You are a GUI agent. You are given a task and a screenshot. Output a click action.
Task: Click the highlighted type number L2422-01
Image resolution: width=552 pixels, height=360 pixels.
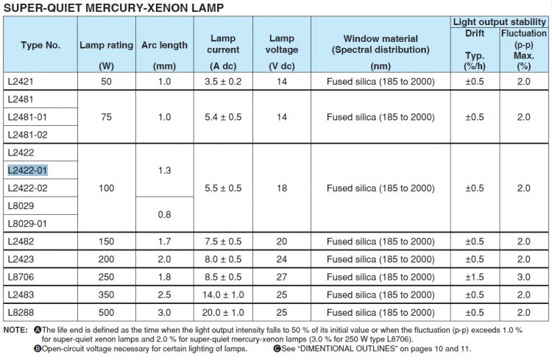click(x=27, y=171)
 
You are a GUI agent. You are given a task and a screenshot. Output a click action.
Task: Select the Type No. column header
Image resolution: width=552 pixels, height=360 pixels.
click(x=40, y=45)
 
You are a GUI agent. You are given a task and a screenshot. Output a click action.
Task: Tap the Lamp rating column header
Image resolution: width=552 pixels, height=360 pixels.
click(x=106, y=45)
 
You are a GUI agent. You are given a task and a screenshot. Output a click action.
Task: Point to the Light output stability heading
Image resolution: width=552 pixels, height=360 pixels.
click(x=499, y=22)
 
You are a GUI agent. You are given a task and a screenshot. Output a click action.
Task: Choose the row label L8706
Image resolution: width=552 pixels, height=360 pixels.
click(x=21, y=278)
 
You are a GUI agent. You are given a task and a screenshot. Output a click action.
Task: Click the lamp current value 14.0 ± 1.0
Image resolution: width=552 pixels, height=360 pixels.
click(x=223, y=294)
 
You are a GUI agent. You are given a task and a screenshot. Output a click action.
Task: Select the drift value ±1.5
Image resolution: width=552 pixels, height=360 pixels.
click(x=475, y=278)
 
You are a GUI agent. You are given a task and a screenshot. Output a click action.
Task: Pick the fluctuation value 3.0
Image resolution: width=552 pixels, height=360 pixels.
click(x=524, y=278)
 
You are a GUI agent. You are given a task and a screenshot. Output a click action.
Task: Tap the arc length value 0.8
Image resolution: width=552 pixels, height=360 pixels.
click(x=164, y=214)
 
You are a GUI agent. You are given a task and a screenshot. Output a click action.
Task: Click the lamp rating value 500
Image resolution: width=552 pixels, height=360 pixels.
click(x=106, y=313)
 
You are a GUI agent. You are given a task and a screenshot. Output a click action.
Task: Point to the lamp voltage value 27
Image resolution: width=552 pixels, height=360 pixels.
click(x=282, y=278)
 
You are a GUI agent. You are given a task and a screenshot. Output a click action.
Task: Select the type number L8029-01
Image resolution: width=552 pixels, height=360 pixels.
click(x=27, y=224)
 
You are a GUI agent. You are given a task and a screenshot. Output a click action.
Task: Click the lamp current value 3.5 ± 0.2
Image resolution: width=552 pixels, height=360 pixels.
click(x=223, y=82)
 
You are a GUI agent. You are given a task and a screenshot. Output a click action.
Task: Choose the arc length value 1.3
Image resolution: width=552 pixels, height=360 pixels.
click(x=164, y=171)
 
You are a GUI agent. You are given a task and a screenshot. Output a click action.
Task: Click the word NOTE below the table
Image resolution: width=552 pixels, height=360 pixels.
click(x=15, y=331)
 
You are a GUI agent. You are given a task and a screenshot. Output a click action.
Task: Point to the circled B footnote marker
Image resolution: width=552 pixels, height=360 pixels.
click(x=38, y=349)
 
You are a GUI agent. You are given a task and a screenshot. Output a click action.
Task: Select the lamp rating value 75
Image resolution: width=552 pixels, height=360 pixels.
click(x=106, y=117)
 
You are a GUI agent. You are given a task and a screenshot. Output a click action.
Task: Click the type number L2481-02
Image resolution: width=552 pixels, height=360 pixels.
click(x=27, y=135)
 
